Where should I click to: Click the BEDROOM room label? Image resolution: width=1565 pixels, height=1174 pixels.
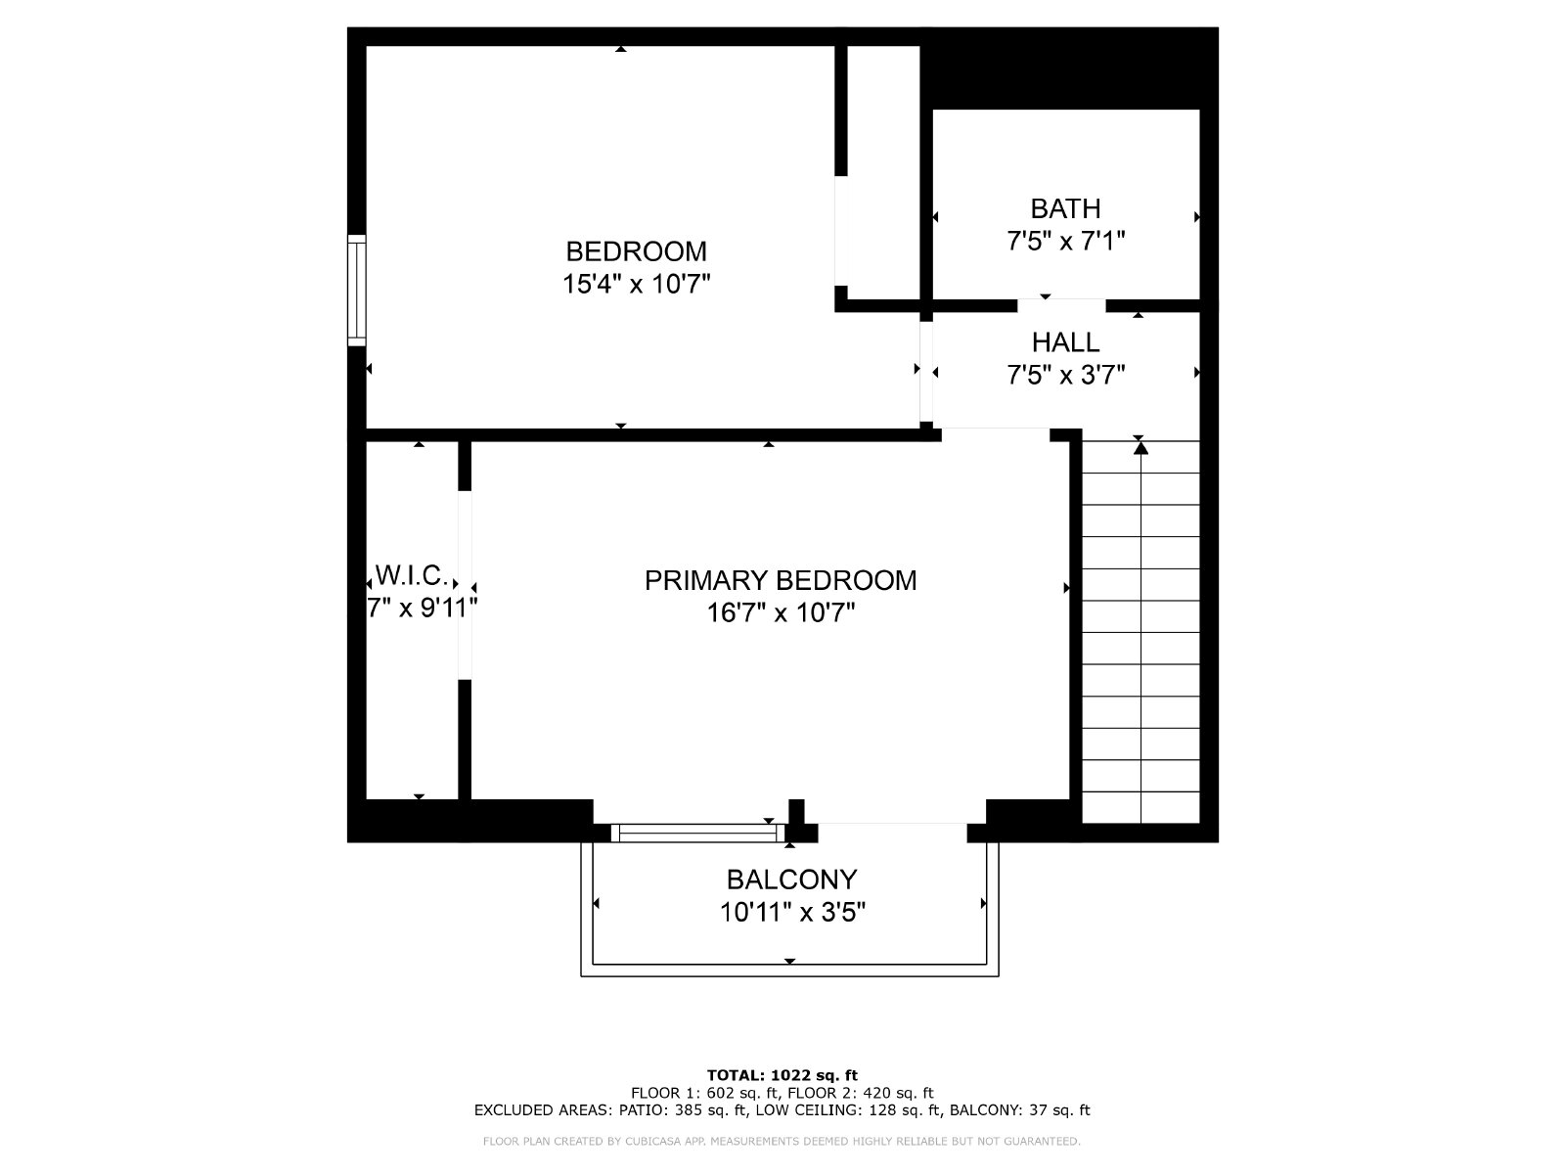click(636, 250)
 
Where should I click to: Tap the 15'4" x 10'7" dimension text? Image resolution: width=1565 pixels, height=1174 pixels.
click(636, 284)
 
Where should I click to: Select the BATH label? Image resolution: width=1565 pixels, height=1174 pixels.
click(1065, 208)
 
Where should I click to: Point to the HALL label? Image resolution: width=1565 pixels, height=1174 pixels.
click(1065, 342)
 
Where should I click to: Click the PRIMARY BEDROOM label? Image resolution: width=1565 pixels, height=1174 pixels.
click(780, 580)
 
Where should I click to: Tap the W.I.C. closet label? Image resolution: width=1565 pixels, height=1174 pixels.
click(412, 574)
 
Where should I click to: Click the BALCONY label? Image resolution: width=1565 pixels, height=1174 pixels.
click(791, 880)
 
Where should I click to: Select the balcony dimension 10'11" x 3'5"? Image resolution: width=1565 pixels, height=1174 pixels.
click(791, 913)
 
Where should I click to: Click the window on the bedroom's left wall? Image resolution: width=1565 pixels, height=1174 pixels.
click(356, 291)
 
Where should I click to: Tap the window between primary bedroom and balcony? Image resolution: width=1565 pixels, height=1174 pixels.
click(697, 833)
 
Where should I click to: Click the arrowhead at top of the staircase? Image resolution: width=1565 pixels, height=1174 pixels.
click(1140, 448)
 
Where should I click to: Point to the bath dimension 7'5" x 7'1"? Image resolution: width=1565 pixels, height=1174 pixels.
click(1065, 241)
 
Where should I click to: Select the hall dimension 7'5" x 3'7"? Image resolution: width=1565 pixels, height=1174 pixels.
click(1065, 375)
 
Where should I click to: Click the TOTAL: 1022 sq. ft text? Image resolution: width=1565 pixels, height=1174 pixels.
click(782, 1075)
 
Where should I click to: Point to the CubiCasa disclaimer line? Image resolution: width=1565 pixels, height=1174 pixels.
click(782, 1141)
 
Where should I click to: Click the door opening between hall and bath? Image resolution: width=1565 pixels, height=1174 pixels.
click(1061, 305)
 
